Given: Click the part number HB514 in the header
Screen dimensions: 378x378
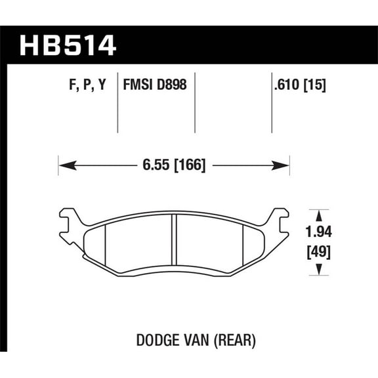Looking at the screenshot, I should point(68,45).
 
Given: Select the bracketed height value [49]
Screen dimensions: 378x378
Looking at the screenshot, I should point(319,250).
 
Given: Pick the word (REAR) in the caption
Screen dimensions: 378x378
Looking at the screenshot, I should point(234,341).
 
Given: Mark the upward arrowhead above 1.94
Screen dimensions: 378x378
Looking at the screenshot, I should point(319,214).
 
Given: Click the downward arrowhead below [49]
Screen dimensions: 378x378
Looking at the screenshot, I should point(319,269).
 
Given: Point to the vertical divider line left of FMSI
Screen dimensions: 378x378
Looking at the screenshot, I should point(117,105).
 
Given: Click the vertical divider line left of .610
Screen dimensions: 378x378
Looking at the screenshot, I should point(272,105).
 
